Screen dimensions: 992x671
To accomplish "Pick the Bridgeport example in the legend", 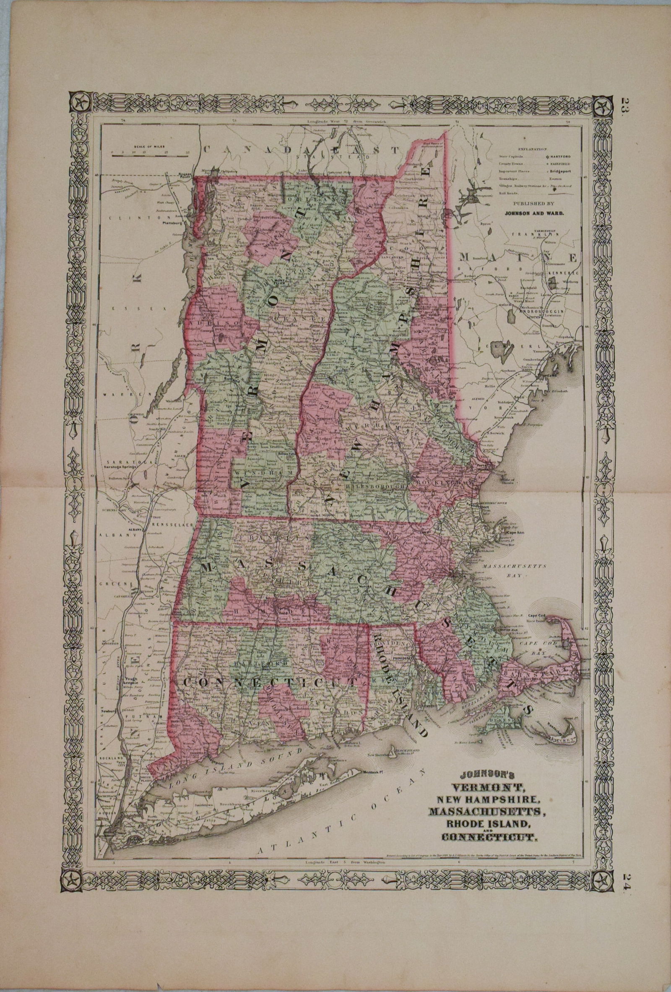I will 564,171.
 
